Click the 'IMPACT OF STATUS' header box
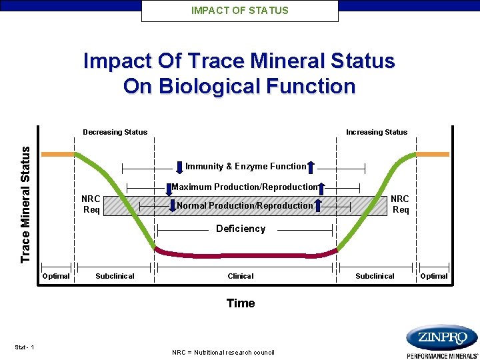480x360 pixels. click(x=240, y=11)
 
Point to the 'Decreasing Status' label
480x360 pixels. click(x=115, y=132)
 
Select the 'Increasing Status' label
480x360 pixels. click(x=376, y=132)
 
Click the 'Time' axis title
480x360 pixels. click(x=240, y=303)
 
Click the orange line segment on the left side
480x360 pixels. click(x=58, y=154)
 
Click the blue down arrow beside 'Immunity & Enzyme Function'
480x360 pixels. click(x=179, y=166)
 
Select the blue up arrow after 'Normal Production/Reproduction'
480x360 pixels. click(x=318, y=205)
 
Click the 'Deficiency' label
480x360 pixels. click(x=240, y=229)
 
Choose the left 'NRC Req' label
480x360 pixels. click(x=91, y=205)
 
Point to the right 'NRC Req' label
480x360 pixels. click(x=400, y=205)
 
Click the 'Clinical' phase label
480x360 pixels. click(x=241, y=276)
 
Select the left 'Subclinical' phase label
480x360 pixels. click(x=115, y=276)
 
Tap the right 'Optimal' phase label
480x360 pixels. click(x=434, y=276)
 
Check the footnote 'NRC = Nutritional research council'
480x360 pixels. click(x=223, y=352)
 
